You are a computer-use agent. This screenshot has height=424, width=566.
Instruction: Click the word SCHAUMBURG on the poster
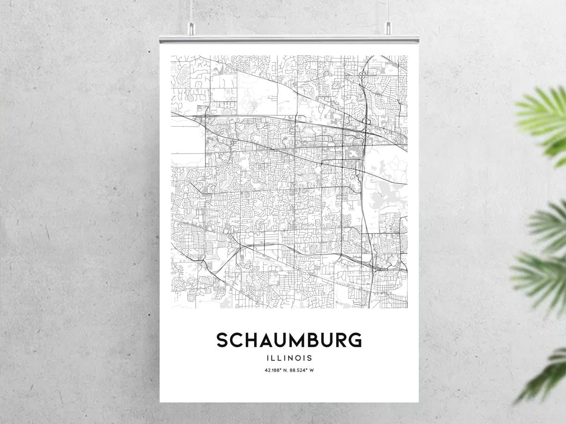[x=288, y=341]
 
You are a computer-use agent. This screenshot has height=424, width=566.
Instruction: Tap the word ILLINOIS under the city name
[x=289, y=357]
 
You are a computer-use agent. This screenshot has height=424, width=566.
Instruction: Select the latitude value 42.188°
[x=274, y=370]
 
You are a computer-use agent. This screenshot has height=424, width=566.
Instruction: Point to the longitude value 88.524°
[x=298, y=370]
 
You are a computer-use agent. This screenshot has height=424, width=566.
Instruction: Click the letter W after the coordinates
[x=312, y=370]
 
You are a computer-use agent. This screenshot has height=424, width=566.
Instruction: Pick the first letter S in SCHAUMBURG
[x=222, y=341]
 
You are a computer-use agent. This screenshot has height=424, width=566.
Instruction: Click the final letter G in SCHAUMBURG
[x=355, y=341]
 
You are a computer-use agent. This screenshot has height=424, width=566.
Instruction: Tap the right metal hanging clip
[x=388, y=28]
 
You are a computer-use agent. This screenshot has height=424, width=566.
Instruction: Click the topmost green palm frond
[x=544, y=119]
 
